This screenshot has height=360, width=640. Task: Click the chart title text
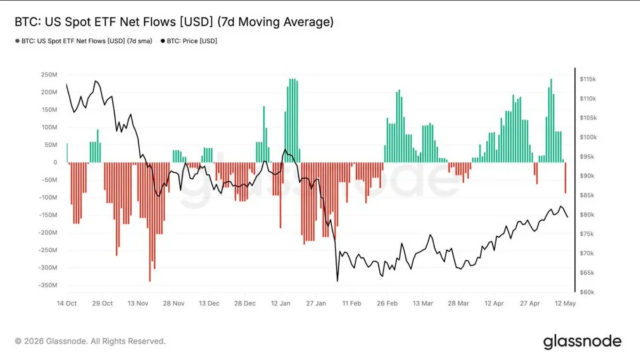174,22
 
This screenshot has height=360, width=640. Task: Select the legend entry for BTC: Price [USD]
189,41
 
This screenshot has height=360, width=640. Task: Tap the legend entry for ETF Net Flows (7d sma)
84,41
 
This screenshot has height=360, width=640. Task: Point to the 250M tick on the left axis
49,75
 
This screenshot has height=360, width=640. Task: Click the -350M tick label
47,285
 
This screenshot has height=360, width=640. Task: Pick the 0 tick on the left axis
55,162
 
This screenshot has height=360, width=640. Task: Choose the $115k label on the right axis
588,79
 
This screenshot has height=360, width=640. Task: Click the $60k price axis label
587,292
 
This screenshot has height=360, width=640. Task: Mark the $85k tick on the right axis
587,195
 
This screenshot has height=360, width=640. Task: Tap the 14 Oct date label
67,303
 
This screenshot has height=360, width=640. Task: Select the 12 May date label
565,303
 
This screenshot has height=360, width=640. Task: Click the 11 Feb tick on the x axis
351,303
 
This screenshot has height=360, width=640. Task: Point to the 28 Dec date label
245,303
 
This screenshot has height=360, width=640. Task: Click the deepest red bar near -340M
150,222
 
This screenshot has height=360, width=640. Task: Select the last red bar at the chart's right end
565,178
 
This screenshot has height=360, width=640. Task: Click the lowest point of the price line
338,282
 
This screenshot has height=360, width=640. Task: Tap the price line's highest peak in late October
95,81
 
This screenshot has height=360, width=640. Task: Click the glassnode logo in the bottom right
582,342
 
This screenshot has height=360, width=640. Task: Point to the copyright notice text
90,341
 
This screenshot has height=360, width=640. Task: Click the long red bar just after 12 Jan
281,195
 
